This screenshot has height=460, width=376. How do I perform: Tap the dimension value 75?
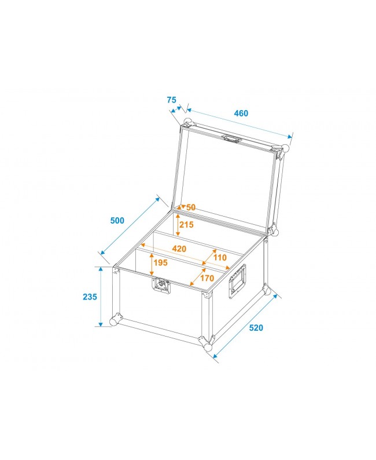[171, 100]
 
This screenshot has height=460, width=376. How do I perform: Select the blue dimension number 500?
[117, 221]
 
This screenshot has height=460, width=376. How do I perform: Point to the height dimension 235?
[89, 297]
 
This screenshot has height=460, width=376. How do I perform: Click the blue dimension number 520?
[256, 328]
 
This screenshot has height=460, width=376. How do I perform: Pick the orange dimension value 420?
[179, 249]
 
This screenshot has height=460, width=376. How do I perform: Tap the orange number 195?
[161, 263]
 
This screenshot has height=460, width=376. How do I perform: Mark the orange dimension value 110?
[220, 257]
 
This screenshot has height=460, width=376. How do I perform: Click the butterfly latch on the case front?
[161, 286]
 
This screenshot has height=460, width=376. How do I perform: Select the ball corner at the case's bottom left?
[114, 320]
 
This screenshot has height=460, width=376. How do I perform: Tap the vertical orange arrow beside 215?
[178, 224]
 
